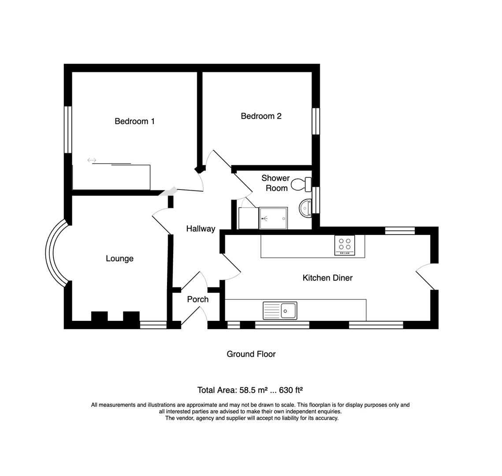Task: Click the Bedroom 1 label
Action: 134,121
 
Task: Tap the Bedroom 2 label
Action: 261,116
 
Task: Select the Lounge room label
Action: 119,259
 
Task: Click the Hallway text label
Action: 201,228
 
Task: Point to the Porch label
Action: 197,299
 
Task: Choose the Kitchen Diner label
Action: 327,278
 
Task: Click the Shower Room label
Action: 275,183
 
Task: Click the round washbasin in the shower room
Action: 305,208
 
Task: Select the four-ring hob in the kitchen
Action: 345,245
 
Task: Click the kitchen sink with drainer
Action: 280,310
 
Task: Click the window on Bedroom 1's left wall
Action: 68,130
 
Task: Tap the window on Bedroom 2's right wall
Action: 316,121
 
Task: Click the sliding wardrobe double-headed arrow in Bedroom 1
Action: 92,160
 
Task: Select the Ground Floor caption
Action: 251,354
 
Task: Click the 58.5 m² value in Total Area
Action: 254,390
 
